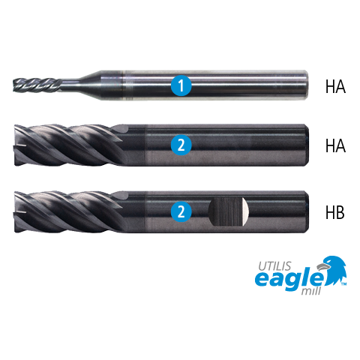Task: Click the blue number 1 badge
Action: click(x=181, y=85)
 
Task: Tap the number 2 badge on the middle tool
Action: click(x=181, y=145)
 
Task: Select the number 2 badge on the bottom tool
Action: click(x=181, y=211)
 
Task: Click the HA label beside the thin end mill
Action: click(x=335, y=86)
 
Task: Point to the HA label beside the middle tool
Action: click(x=335, y=145)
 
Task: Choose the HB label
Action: click(x=335, y=212)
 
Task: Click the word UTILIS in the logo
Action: click(x=274, y=266)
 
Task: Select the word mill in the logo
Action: click(x=311, y=291)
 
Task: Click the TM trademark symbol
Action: click(x=343, y=284)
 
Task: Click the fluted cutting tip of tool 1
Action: click(x=37, y=85)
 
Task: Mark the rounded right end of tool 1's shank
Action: click(x=305, y=85)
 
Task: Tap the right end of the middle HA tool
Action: click(x=307, y=145)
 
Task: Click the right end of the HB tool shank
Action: click(x=307, y=211)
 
